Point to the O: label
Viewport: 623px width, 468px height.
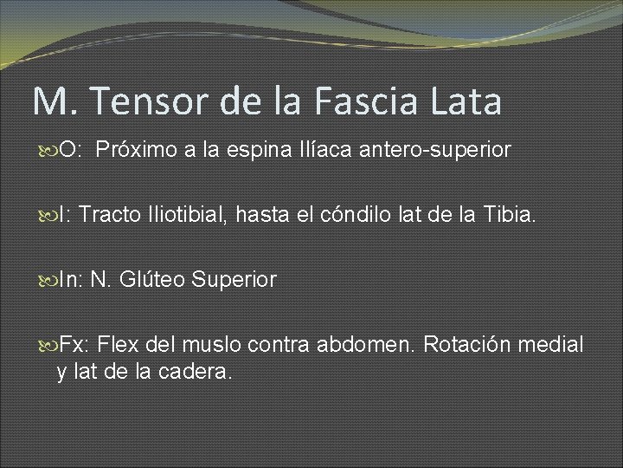pyautogui.click(x=69, y=150)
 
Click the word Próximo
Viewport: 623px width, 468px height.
pyautogui.click(x=138, y=150)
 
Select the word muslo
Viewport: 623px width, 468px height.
pyautogui.click(x=211, y=344)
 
